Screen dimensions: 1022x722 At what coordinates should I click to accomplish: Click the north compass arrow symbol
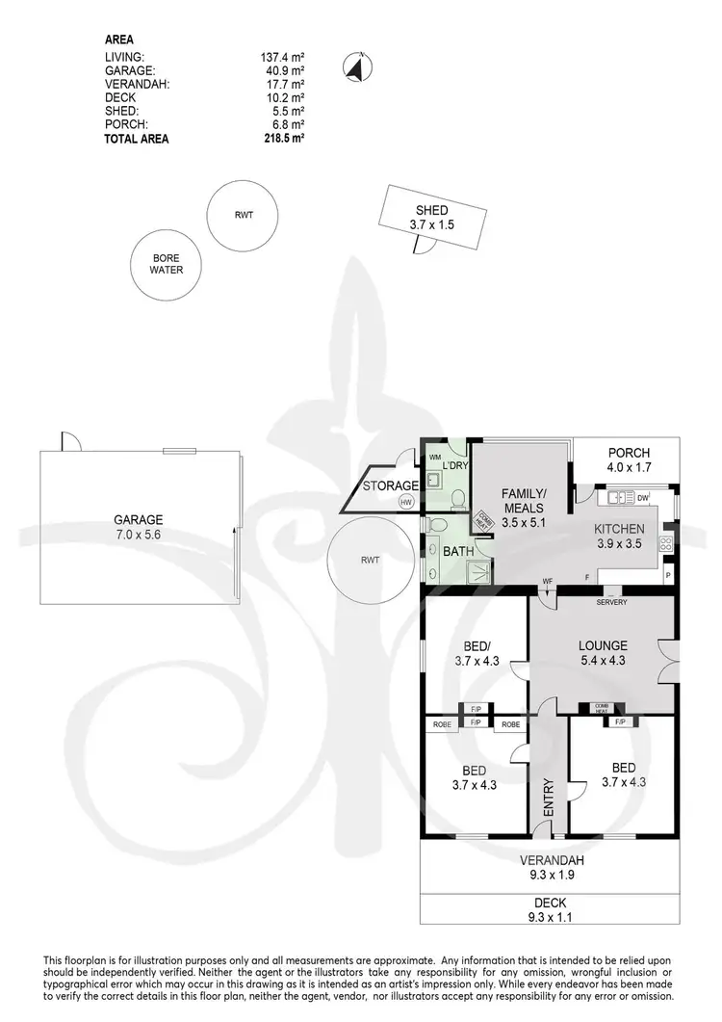pyautogui.click(x=355, y=67)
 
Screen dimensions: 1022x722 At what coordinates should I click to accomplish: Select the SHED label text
pyautogui.click(x=432, y=211)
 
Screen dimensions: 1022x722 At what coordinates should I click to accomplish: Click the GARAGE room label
pyautogui.click(x=140, y=518)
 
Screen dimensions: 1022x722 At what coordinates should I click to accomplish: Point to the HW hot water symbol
pyautogui.click(x=406, y=502)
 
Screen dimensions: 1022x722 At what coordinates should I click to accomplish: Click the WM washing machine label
pyautogui.click(x=434, y=457)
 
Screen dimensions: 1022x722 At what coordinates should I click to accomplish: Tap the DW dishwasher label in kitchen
pyautogui.click(x=643, y=497)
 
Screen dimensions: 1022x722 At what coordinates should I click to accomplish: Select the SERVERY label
pyautogui.click(x=611, y=602)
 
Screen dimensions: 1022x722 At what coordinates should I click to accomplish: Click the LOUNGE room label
pyautogui.click(x=603, y=645)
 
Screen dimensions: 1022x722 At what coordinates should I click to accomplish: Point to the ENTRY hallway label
pyautogui.click(x=549, y=798)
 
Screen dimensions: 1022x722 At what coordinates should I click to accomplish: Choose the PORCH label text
pyautogui.click(x=630, y=453)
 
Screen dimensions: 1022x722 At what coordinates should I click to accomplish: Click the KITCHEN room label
pyautogui.click(x=619, y=529)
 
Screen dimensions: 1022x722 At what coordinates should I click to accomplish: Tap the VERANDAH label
pyautogui.click(x=552, y=860)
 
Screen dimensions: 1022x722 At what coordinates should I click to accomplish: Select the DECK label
pyautogui.click(x=552, y=903)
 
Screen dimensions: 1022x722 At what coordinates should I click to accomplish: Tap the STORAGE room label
pyautogui.click(x=391, y=486)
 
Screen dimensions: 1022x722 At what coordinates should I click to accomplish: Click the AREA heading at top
pyautogui.click(x=118, y=39)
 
